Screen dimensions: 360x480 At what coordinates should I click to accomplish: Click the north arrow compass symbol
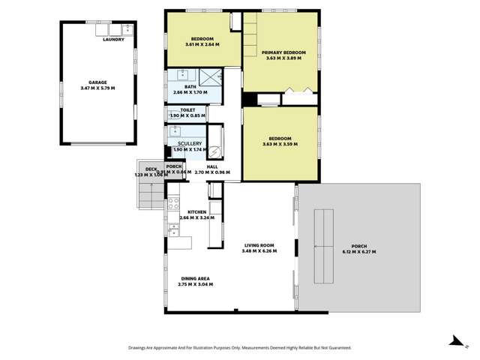pyautogui.click(x=454, y=342)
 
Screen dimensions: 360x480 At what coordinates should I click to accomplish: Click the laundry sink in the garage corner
pyautogui.click(x=127, y=30)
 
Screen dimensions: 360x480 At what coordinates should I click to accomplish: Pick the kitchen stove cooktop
pyautogui.click(x=173, y=202)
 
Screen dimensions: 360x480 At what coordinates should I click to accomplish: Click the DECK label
pyautogui.click(x=151, y=169)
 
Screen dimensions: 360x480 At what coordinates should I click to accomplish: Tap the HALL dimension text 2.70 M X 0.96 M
pyautogui.click(x=212, y=172)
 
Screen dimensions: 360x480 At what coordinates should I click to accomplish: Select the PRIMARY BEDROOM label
pyautogui.click(x=280, y=52)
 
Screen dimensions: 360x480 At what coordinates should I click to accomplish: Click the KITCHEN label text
pyautogui.click(x=196, y=211)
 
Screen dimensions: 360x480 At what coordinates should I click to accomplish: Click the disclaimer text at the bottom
pyautogui.click(x=239, y=347)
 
